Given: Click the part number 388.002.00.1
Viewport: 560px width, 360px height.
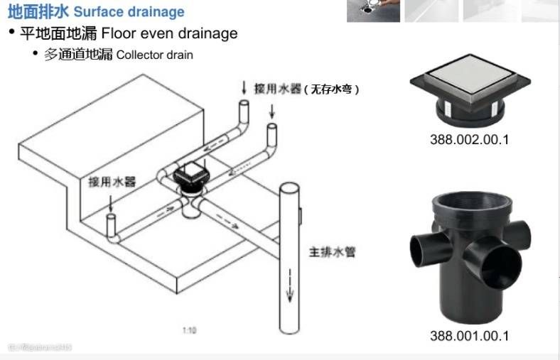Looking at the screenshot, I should pos(469,139).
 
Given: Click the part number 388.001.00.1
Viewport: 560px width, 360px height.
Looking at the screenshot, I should pos(469,336).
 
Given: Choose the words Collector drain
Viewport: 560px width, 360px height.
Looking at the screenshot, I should pos(155,55).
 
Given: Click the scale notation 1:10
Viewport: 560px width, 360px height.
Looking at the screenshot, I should pos(189,330).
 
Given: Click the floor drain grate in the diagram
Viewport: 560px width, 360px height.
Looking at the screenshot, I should pos(188,172).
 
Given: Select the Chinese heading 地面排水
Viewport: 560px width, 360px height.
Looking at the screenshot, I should pos(38,12).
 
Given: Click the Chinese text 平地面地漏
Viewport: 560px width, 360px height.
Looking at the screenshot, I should pos(59,33).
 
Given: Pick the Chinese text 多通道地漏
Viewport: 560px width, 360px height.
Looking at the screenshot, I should pos(79,55).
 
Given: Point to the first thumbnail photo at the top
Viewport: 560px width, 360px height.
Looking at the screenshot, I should pos(373,11).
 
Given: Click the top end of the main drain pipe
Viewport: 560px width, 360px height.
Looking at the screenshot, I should pos(288,187).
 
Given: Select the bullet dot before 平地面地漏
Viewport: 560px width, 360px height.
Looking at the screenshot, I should pos(12,33).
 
